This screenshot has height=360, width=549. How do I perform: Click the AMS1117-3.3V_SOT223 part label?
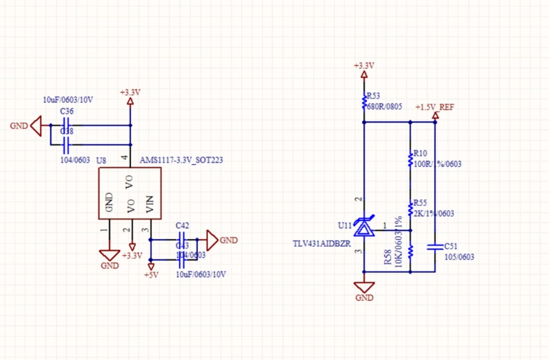click(181, 160)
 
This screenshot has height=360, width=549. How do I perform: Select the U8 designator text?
click(101, 160)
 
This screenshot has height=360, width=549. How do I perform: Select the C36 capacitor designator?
click(66, 112)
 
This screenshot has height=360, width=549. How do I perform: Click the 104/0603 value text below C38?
click(74, 160)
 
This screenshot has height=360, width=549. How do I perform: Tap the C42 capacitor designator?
click(182, 225)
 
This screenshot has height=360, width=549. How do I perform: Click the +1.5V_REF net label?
click(435, 107)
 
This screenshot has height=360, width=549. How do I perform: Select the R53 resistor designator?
click(373, 96)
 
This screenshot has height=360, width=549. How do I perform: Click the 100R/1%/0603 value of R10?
click(437, 164)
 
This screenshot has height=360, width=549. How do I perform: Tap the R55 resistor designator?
click(419, 203)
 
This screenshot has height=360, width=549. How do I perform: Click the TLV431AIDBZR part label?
click(321, 244)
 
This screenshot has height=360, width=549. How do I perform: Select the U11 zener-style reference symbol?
click(364, 229)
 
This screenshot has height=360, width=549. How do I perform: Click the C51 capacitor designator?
click(451, 246)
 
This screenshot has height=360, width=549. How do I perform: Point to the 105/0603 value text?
click(459, 256)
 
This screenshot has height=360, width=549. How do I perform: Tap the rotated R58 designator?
click(388, 258)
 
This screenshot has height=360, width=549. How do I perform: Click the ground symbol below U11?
click(364, 287)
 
